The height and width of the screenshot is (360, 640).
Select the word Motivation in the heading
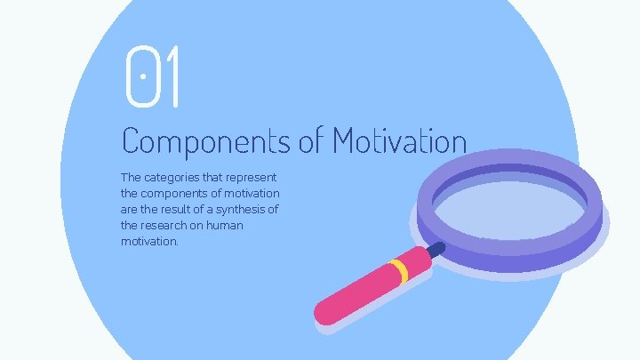400,140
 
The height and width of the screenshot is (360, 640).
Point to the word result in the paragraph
179,209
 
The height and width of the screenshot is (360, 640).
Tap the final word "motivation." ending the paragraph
149,241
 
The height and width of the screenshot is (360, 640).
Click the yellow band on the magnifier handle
400,270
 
